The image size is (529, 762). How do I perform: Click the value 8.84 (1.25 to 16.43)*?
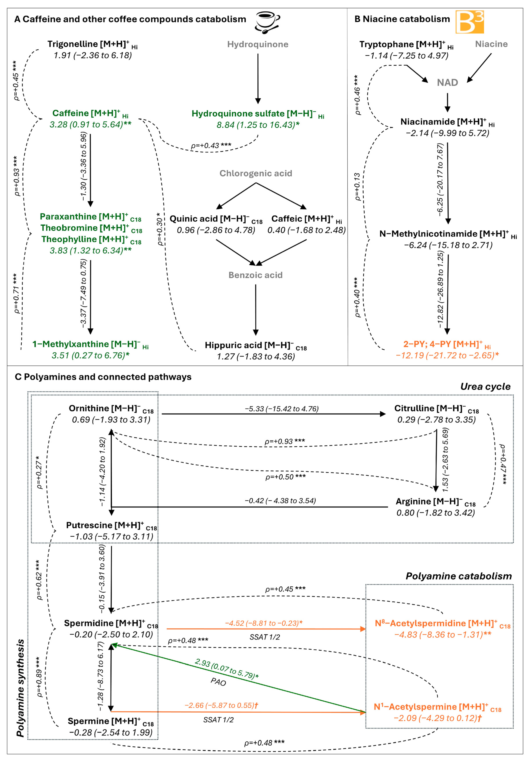258,125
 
